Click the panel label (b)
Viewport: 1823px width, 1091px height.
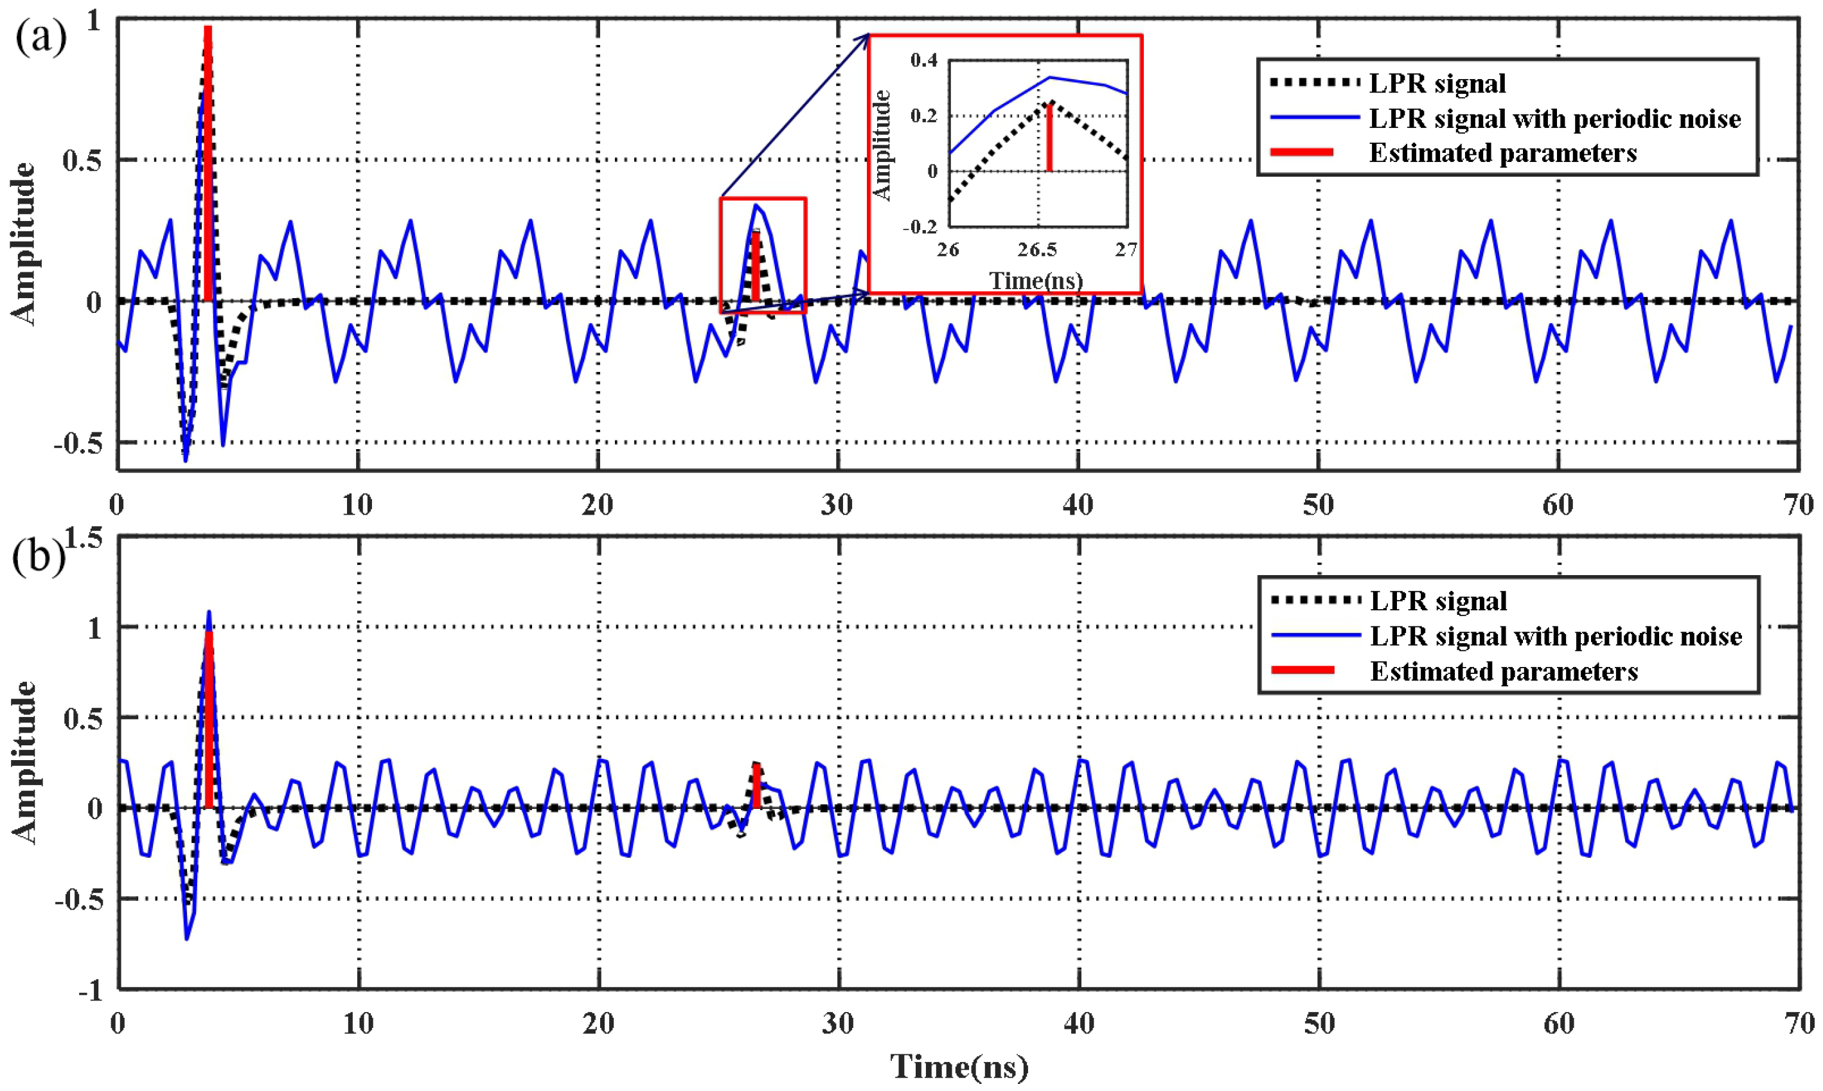coord(38,557)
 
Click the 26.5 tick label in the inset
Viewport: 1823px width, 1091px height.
coord(1037,251)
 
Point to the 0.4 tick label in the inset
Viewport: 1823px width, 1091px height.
coord(924,60)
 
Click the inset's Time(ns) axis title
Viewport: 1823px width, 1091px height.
coord(1036,281)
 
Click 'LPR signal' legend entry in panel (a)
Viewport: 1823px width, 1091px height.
coord(1436,84)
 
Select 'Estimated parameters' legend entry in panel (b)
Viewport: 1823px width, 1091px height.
coord(1503,671)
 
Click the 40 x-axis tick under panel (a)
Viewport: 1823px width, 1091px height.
coord(1078,505)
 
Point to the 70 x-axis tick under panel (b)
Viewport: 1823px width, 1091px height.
coord(1799,1024)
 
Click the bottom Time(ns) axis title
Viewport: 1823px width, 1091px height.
coord(959,1067)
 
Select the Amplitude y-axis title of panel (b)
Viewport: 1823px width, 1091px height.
coord(24,763)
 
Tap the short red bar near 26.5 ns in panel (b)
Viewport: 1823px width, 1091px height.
coord(756,785)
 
